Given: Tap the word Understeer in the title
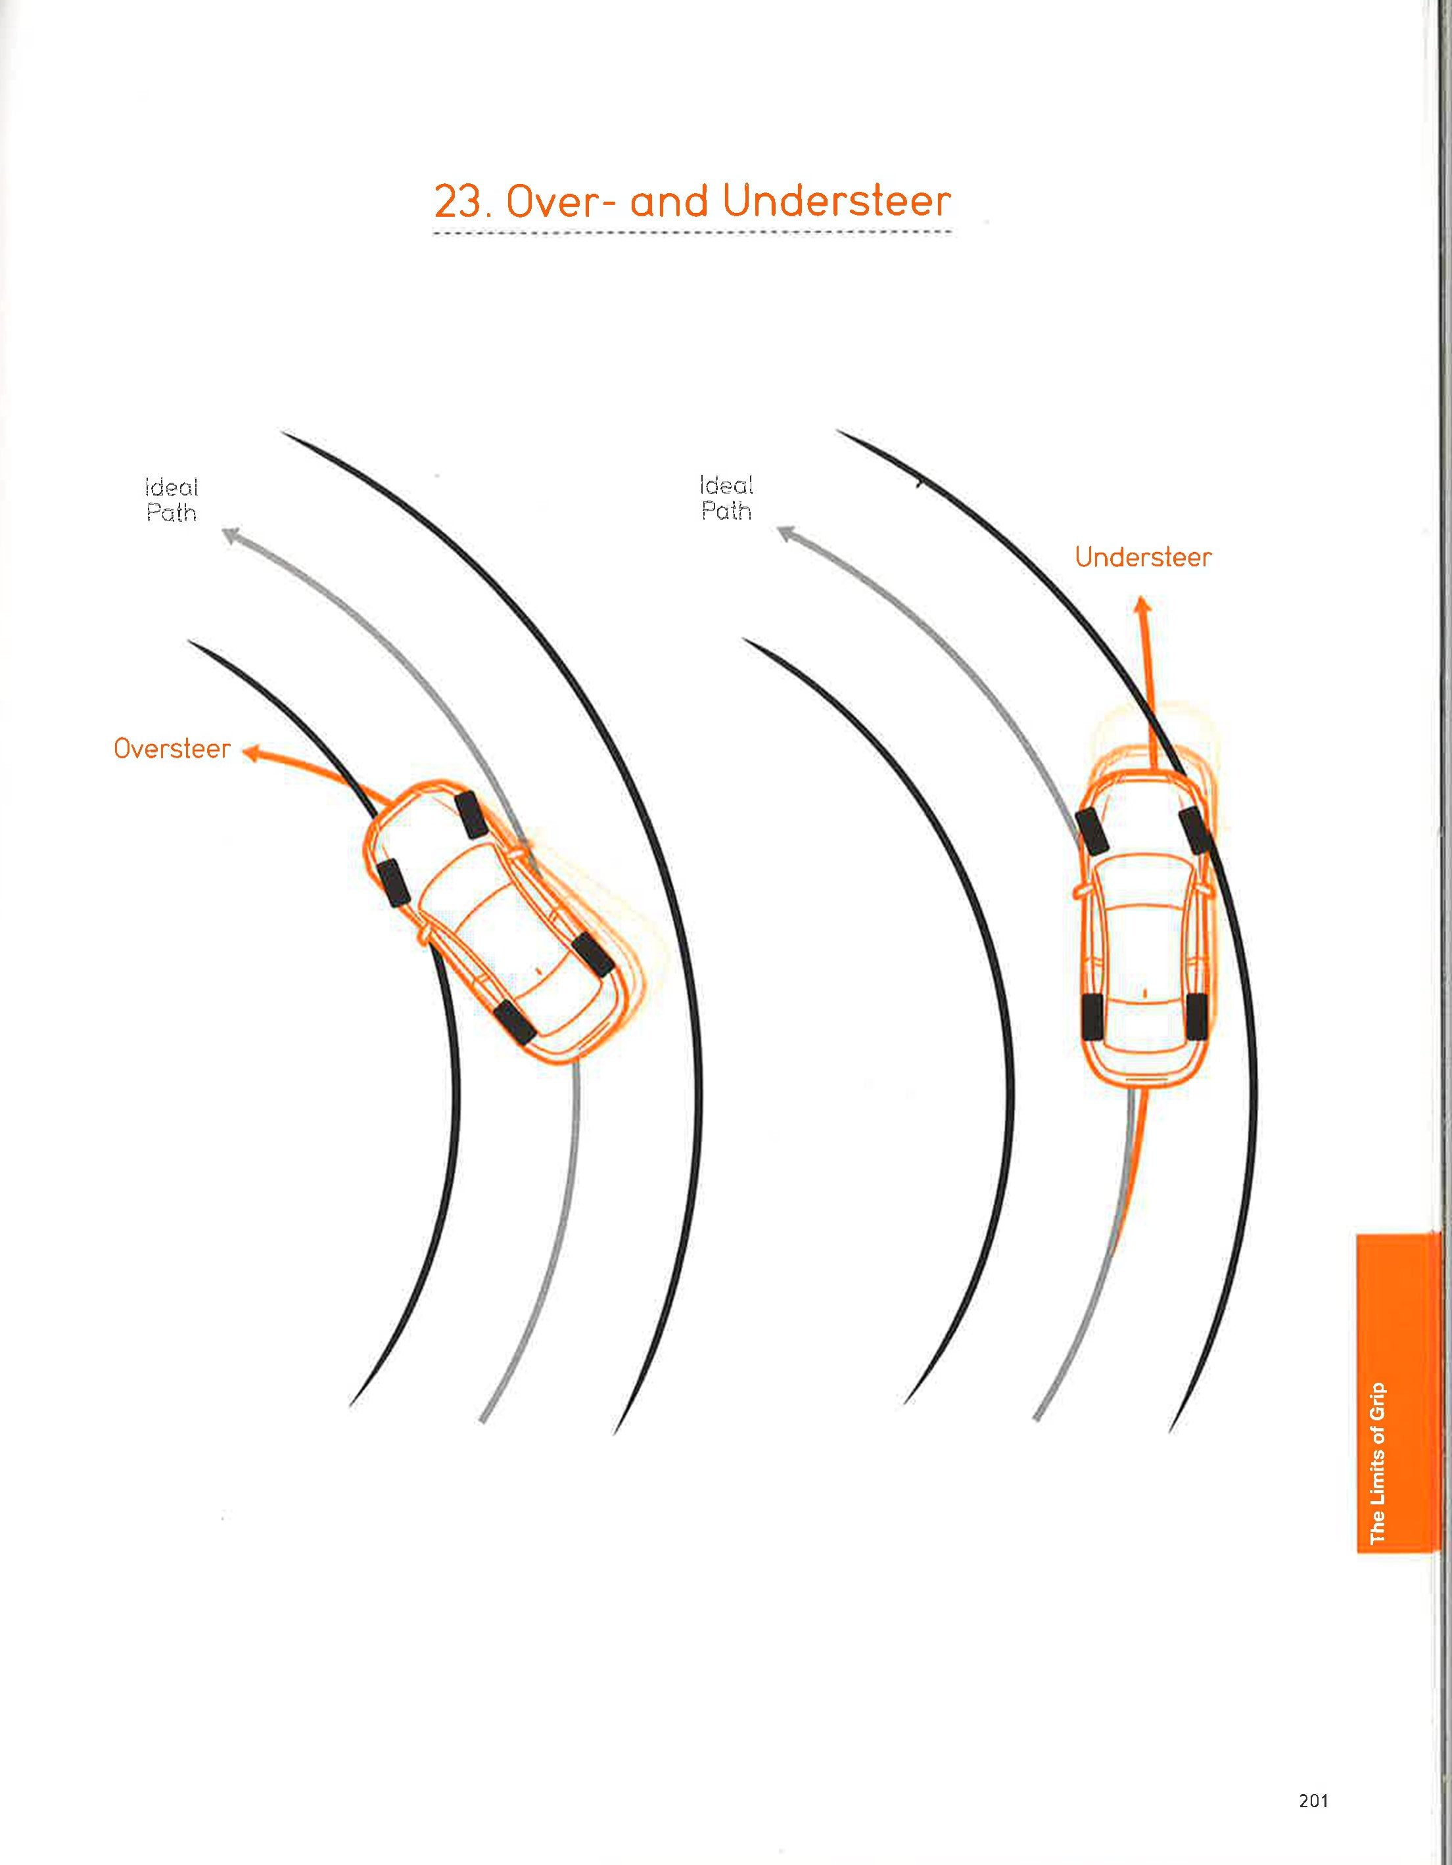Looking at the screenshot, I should coord(836,202).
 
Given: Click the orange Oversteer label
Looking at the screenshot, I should coord(172,749).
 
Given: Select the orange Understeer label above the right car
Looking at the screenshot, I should coord(1143,558).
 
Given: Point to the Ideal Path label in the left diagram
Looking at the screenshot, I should coord(172,500).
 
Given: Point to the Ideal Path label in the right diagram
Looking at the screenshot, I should coord(726,499).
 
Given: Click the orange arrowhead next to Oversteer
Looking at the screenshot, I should coord(250,752).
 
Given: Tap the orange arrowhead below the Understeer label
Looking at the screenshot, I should coord(1142,605).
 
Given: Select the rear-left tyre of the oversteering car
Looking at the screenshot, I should coord(513,1022).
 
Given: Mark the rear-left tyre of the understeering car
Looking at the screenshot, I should coord(1092,1018).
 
